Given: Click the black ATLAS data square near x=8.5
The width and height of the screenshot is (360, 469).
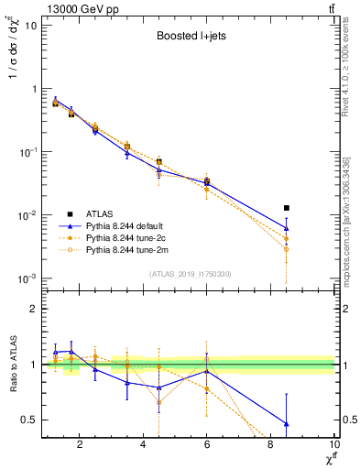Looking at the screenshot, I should pyautogui.click(x=287, y=208).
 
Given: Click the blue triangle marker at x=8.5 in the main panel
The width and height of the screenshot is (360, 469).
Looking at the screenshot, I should pyautogui.click(x=287, y=228).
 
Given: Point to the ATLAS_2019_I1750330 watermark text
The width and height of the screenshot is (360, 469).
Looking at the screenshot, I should pyautogui.click(x=189, y=274).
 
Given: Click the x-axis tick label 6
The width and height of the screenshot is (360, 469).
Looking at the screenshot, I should pyautogui.click(x=207, y=446).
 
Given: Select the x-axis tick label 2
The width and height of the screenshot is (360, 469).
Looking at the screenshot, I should pyautogui.click(x=81, y=446).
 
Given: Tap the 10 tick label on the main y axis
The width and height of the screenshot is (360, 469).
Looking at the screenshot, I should pyautogui.click(x=28, y=26).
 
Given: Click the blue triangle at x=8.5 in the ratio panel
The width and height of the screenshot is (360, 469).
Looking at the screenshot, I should pyautogui.click(x=287, y=423).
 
